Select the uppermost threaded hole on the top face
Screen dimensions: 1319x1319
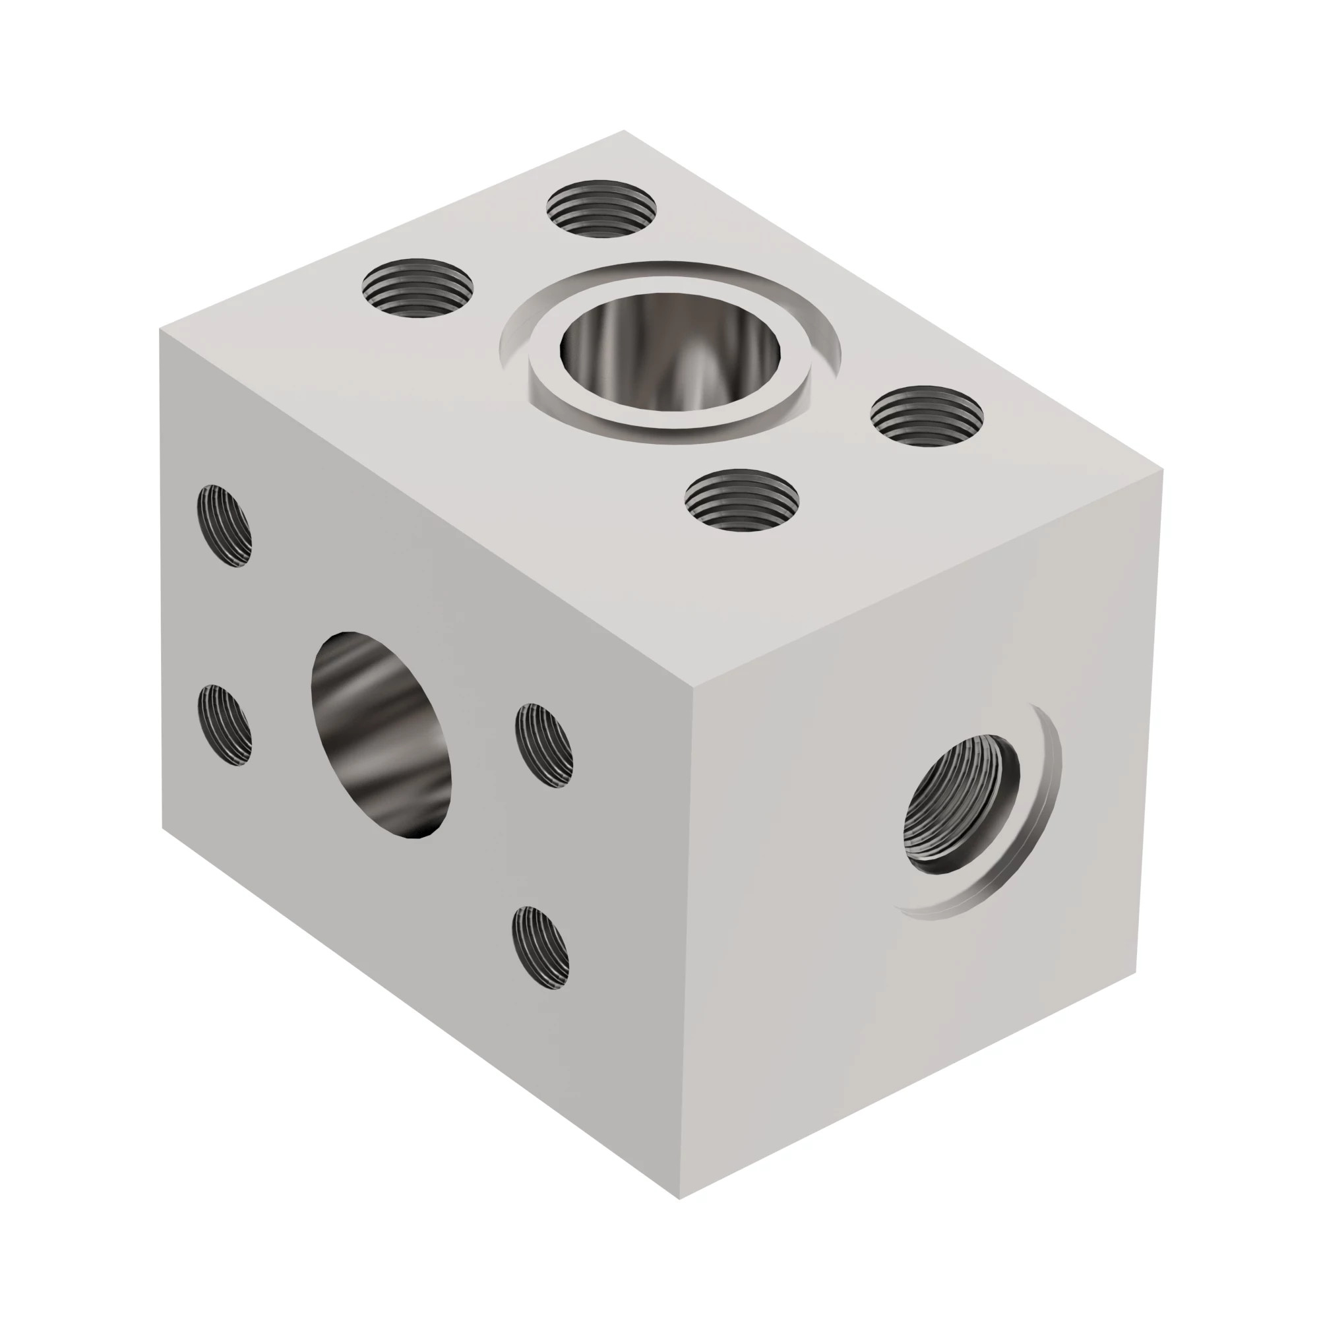click(601, 208)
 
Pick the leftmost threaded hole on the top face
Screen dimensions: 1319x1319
click(418, 288)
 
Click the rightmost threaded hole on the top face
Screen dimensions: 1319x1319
click(927, 415)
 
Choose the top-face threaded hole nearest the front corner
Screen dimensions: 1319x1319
click(742, 501)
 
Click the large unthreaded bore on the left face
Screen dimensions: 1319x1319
click(381, 735)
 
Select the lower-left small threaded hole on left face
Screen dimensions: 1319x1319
click(224, 725)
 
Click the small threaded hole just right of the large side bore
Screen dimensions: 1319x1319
click(543, 745)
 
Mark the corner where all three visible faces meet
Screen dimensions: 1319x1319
click(694, 683)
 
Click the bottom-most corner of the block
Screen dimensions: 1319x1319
click(680, 1199)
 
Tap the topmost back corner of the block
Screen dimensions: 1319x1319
click(624, 131)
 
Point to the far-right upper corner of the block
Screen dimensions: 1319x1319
click(1162, 470)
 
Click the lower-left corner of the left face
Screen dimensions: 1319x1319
click(162, 828)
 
